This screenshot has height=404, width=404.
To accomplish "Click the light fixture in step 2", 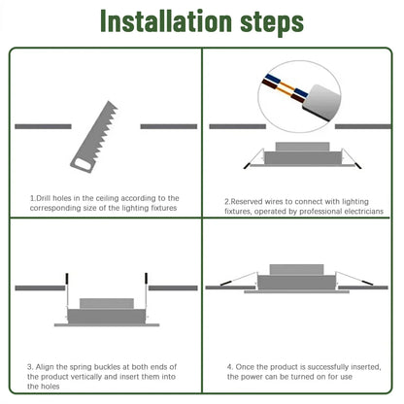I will click(301, 156).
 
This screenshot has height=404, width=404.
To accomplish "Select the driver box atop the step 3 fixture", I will click(106, 304).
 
